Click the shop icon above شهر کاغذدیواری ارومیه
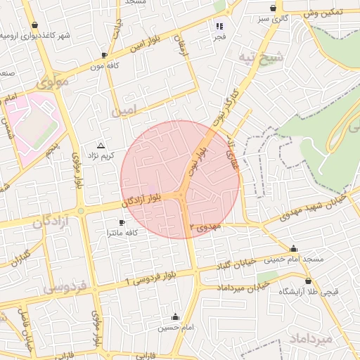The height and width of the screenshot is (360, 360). point(35,25)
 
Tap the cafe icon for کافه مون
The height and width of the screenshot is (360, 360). point(104,55)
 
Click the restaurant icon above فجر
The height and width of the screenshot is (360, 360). point(219,26)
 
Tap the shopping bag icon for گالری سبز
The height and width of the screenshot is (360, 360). point(273,8)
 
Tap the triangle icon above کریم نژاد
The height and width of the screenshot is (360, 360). point(101,144)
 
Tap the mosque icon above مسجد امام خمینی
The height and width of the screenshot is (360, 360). point(293,248)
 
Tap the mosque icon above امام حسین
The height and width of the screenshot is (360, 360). point(175,317)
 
